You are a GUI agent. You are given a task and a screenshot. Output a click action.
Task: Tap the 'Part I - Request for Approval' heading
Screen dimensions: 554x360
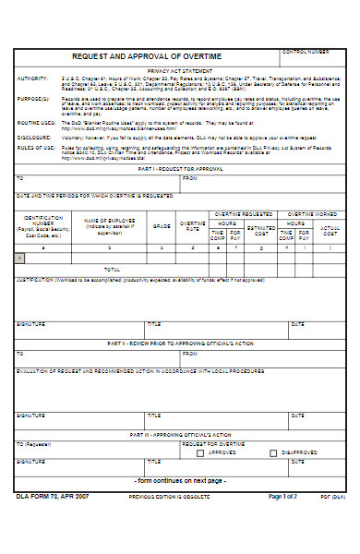pyautogui.click(x=180, y=168)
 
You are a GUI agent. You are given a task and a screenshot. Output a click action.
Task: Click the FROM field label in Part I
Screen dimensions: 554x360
pyautogui.click(x=189, y=177)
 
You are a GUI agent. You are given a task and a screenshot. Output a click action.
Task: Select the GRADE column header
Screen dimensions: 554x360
pyautogui.click(x=162, y=225)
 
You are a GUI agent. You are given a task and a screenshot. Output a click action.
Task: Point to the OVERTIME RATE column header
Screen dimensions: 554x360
pyautogui.click(x=192, y=225)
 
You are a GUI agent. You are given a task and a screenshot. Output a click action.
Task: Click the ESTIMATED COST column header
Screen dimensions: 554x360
pyautogui.click(x=261, y=228)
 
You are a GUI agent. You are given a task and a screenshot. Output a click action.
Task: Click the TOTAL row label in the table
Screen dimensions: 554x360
pyautogui.click(x=112, y=270)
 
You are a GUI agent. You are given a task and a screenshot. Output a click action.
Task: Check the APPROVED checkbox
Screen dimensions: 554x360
pyautogui.click(x=200, y=453)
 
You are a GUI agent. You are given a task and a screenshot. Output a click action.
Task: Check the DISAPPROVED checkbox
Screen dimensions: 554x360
pyautogui.click(x=272, y=453)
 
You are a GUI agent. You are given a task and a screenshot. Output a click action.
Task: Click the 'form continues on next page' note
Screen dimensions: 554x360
pyautogui.click(x=180, y=481)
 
